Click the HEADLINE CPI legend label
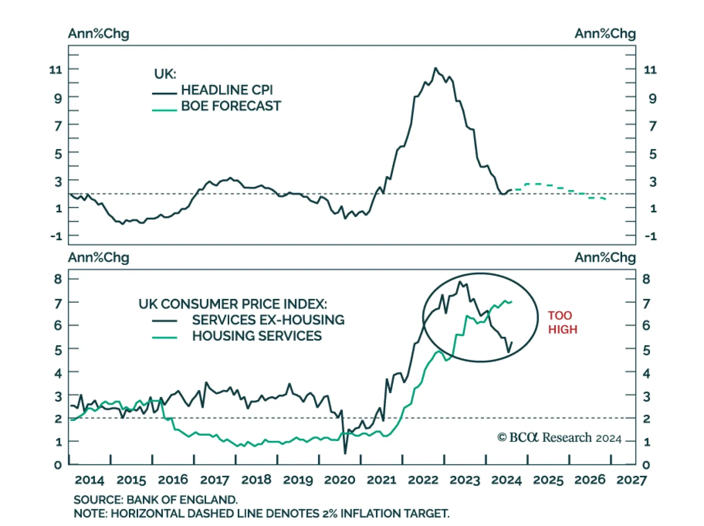coord(227,90)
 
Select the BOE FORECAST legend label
coord(231,106)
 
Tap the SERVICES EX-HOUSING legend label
coord(268,320)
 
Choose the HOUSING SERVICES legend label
coord(257,336)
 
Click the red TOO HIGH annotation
coord(562,322)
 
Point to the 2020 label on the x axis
coord(339,480)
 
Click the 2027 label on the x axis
coord(631,480)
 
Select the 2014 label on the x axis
coord(89,480)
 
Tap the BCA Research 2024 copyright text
coord(559,438)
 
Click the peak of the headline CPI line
coord(436,68)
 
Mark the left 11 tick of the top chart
coord(56,70)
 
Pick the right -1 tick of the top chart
coord(650,236)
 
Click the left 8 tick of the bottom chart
coord(58,279)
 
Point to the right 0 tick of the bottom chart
coord(646,465)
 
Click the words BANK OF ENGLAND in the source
coord(182,500)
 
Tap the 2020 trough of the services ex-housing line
coord(345,453)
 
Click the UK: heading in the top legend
coord(165,74)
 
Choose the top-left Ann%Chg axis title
coord(99,33)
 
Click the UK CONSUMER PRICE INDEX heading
coord(232,304)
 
